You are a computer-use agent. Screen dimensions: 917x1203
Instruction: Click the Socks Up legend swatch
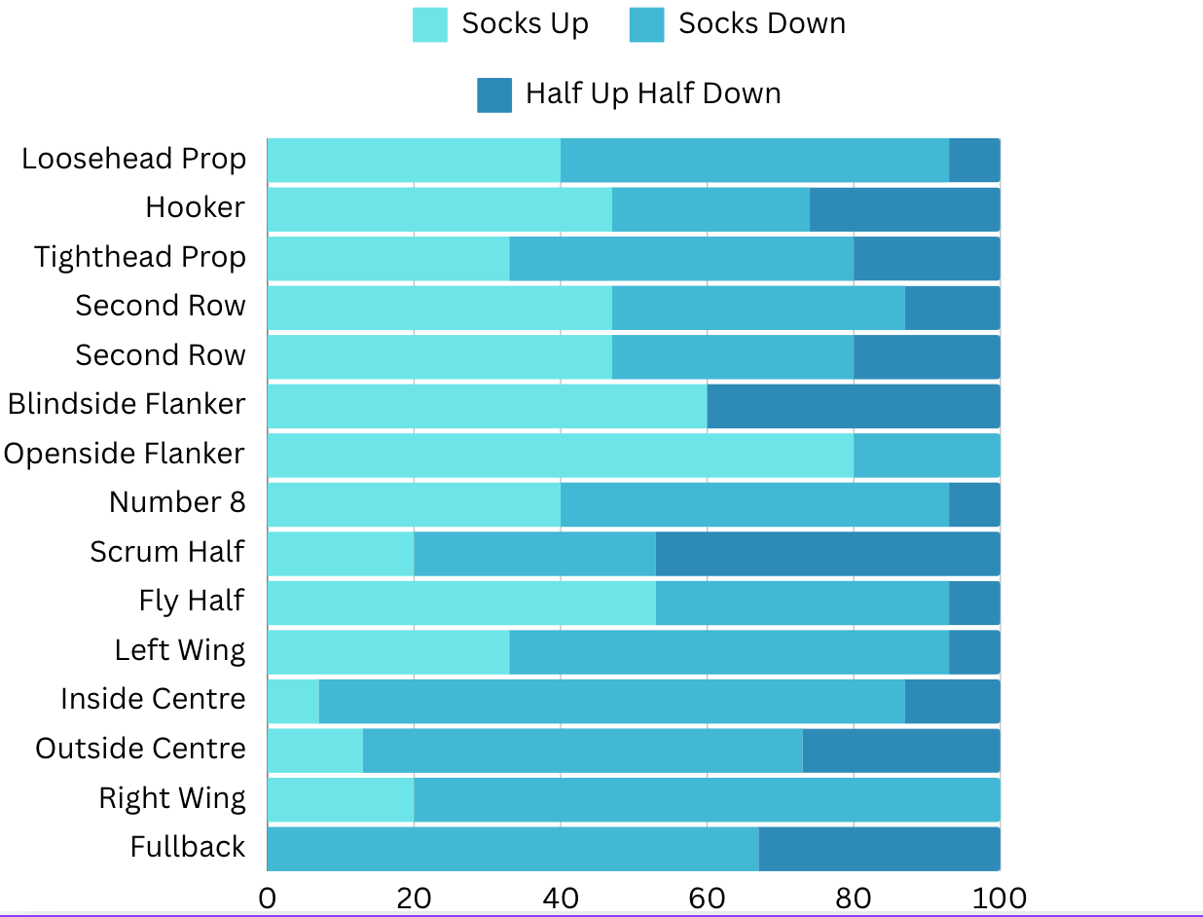tap(430, 24)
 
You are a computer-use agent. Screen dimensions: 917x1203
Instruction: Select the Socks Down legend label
tap(762, 24)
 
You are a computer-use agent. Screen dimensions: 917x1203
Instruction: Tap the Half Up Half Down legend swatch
tap(494, 94)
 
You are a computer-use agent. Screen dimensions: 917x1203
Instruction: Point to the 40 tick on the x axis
tap(561, 897)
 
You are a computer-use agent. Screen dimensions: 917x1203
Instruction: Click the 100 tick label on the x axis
tap(1000, 897)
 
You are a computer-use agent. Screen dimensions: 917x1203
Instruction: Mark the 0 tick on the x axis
tap(268, 897)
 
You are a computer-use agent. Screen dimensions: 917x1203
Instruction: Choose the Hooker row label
tap(196, 207)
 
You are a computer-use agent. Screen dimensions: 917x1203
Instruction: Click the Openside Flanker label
tap(125, 454)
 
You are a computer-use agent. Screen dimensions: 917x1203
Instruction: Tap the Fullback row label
tap(188, 847)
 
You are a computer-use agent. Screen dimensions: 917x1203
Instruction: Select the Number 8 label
tap(177, 502)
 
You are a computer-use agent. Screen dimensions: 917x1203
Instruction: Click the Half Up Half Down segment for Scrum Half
tap(827, 553)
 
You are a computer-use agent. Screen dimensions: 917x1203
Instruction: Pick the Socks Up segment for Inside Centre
tap(293, 701)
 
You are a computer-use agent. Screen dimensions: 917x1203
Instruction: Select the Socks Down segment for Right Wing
tap(707, 799)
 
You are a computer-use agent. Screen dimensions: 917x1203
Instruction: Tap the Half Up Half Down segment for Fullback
tap(879, 848)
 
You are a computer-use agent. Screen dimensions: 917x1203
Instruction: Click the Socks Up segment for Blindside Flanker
tap(487, 405)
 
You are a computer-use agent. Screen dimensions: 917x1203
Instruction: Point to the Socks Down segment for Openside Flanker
tap(927, 455)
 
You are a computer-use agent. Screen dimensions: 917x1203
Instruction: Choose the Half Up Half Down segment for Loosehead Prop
tap(974, 160)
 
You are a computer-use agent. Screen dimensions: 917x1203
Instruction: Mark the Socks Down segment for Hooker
tap(711, 208)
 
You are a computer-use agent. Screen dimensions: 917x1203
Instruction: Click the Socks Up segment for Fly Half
tap(461, 602)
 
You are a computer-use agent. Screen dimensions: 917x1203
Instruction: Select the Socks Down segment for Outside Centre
tap(583, 750)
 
